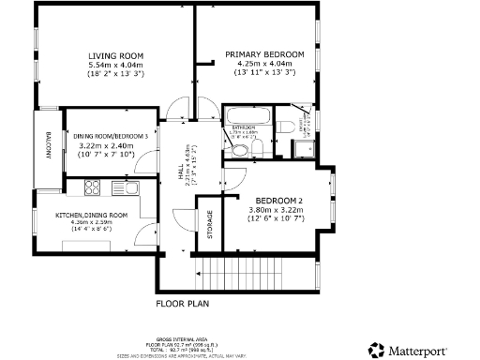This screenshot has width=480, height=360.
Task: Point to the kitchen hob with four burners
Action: [x=93, y=188]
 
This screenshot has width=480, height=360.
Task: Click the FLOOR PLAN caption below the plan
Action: [x=182, y=304]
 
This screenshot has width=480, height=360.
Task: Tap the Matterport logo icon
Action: [x=376, y=350]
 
